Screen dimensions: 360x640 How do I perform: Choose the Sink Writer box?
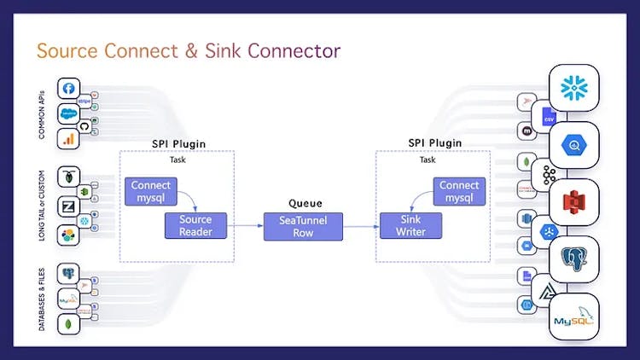pyautogui.click(x=411, y=225)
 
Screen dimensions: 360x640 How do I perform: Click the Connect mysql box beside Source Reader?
pyautogui.click(x=151, y=191)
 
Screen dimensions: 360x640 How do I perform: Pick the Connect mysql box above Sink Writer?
pyautogui.click(x=459, y=191)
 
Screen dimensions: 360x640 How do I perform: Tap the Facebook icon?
pyautogui.click(x=69, y=88)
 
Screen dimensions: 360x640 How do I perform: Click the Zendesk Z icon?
pyautogui.click(x=69, y=206)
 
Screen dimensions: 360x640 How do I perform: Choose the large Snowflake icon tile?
pyautogui.click(x=573, y=89)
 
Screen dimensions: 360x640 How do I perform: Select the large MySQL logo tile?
pyautogui.click(x=573, y=319)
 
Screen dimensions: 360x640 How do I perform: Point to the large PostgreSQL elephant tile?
pyautogui.click(x=573, y=259)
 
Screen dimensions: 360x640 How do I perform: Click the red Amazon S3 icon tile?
pyautogui.click(x=573, y=203)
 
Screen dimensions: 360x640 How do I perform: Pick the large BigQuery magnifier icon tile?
pyautogui.click(x=573, y=146)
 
